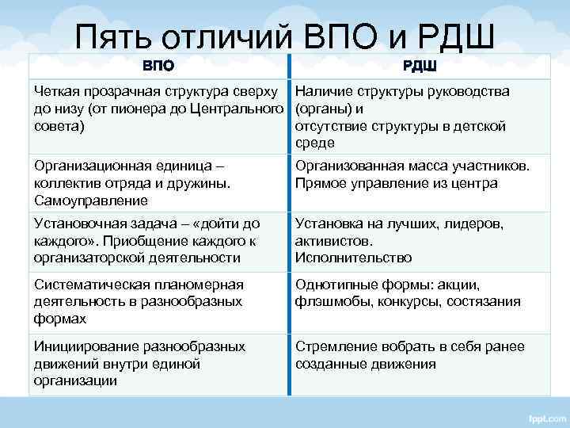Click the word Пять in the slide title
[114, 36]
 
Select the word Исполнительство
[353, 258]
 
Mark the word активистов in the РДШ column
[332, 242]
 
